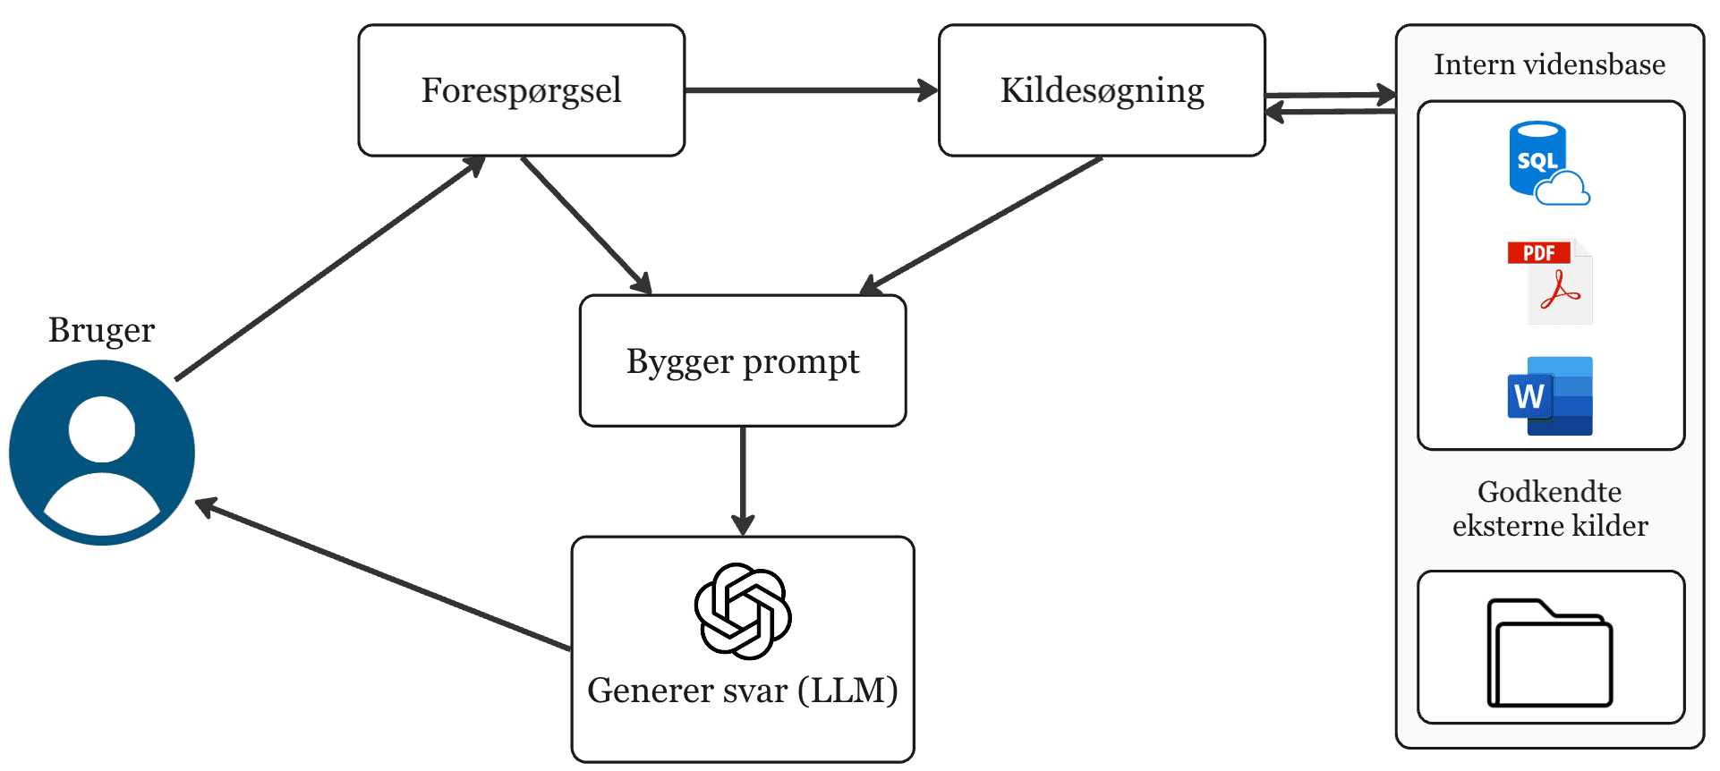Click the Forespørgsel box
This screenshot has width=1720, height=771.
click(x=521, y=90)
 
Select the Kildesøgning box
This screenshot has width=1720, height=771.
click(x=1101, y=90)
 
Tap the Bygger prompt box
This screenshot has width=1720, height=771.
click(x=742, y=361)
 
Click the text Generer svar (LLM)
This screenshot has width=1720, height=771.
click(x=742, y=691)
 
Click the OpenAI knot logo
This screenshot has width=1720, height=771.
click(x=742, y=611)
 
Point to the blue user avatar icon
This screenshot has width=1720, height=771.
click(x=101, y=453)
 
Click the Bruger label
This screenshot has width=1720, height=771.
click(x=101, y=330)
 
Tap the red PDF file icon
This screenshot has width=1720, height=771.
click(x=1550, y=282)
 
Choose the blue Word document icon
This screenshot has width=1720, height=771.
click(x=1550, y=395)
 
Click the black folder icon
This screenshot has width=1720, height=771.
click(x=1549, y=653)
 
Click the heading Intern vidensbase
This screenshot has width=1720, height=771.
click(x=1549, y=64)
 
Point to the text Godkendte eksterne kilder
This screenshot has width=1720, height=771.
click(x=1549, y=508)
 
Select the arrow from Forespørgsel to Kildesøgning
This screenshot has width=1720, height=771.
click(x=810, y=90)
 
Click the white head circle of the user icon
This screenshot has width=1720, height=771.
click(x=101, y=429)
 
